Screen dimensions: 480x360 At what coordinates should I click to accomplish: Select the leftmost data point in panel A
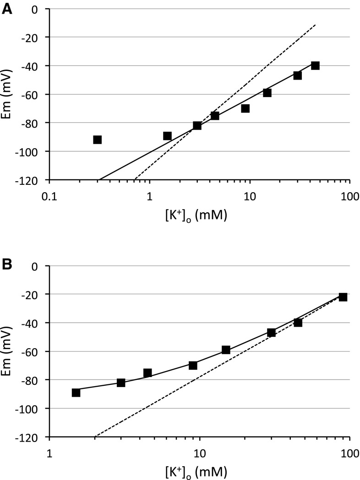97,140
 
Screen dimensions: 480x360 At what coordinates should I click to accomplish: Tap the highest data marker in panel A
315,65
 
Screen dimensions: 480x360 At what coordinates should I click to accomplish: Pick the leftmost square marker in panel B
76,393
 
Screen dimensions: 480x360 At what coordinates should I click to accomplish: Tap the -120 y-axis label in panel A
35,180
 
